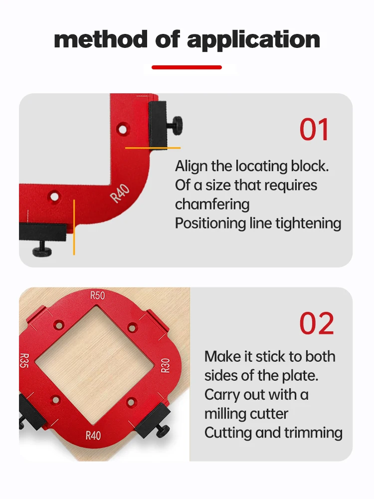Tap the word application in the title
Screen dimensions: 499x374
pos(254,39)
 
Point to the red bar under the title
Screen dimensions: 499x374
pos(187,67)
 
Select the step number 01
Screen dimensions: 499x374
pos(315,130)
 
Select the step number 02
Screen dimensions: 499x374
pos(317,324)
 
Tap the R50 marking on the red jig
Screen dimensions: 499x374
pos(98,295)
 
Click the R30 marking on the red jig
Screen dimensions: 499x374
pos(165,365)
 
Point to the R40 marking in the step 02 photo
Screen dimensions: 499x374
pos(93,435)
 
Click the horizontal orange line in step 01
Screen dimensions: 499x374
pos(153,148)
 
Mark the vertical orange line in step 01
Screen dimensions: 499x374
pos(74,227)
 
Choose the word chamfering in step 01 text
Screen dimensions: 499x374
pos(212,204)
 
